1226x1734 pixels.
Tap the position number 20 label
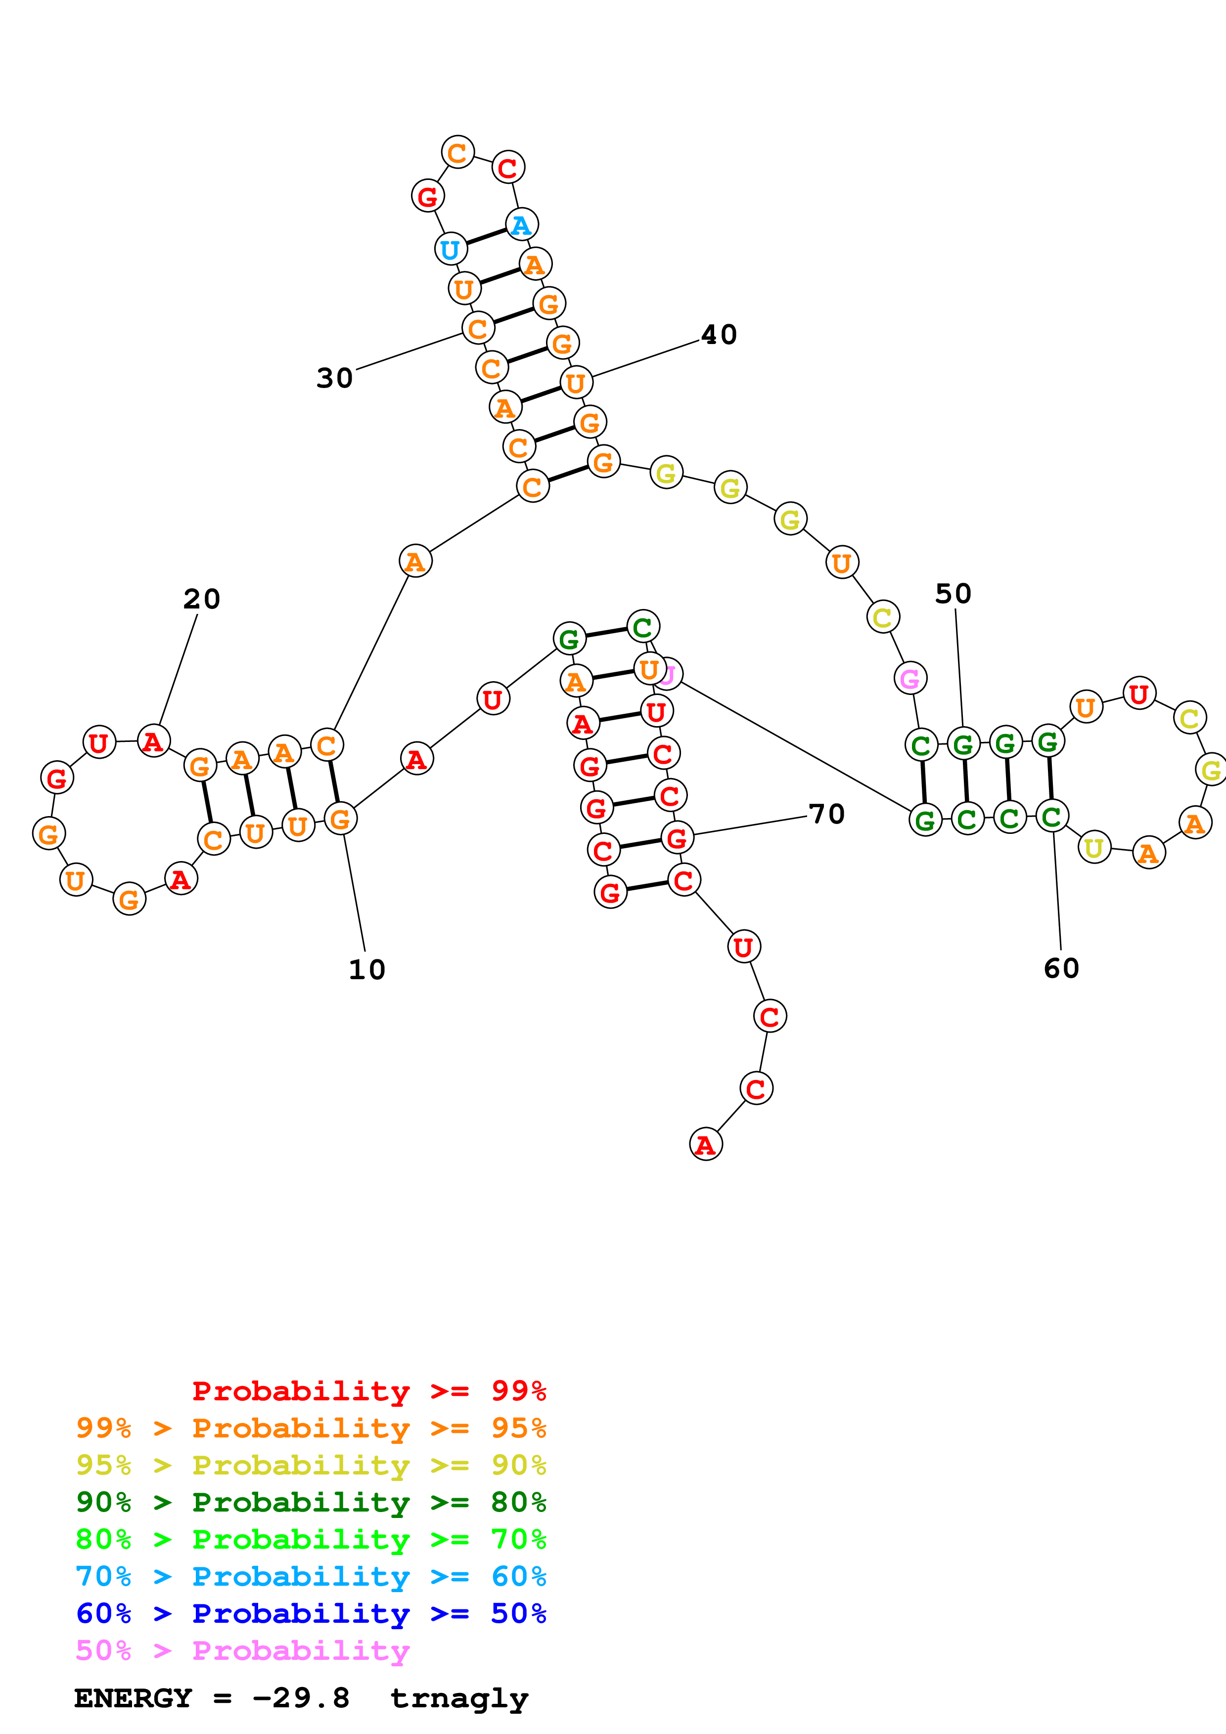click(x=202, y=599)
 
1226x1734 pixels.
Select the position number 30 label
click(x=335, y=378)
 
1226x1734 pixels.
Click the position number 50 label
click(x=954, y=594)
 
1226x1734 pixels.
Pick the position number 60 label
click(x=1061, y=968)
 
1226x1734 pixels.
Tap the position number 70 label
click(x=826, y=814)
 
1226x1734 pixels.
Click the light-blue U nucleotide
click(x=450, y=249)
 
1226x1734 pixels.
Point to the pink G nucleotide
click(x=910, y=678)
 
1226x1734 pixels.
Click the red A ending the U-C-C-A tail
click(x=706, y=1144)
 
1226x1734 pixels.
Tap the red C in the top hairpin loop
click(x=507, y=167)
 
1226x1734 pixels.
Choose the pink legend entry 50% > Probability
click(x=242, y=1651)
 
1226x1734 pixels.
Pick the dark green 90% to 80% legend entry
click(x=311, y=1502)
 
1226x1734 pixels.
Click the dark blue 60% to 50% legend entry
click(x=311, y=1613)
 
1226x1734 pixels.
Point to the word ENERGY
click(x=133, y=1698)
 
